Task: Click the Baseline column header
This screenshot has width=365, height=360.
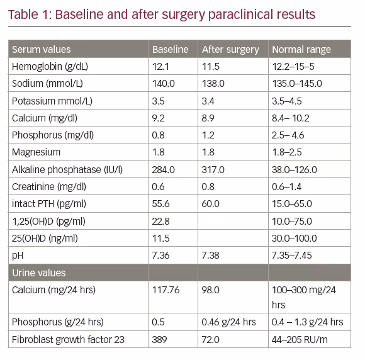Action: (170, 49)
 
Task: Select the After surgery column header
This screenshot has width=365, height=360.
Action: (230, 50)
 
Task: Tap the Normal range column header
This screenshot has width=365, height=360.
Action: (301, 50)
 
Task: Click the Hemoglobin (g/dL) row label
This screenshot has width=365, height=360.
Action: (50, 67)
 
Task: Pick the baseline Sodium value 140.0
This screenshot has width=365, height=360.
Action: (164, 84)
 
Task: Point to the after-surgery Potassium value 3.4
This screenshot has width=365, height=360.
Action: (208, 101)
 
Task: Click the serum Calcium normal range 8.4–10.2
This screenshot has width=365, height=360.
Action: (291, 118)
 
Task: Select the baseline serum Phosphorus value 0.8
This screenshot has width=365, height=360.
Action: (158, 135)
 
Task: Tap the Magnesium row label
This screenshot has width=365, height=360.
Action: (36, 152)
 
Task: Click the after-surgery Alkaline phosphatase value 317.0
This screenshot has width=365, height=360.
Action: (213, 170)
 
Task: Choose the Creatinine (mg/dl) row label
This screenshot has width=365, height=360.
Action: (49, 187)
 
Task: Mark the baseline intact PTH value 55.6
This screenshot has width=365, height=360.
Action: (160, 204)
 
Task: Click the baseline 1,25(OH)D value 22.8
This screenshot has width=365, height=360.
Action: (160, 222)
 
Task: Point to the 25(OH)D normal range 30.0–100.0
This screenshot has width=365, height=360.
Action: (295, 239)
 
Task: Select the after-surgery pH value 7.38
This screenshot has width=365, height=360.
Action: (210, 256)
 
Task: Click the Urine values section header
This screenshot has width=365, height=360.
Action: (39, 273)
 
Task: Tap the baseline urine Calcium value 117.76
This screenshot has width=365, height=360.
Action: (166, 290)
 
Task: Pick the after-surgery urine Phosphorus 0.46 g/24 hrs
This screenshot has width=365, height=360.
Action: (228, 322)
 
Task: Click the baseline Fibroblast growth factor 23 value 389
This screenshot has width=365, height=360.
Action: (159, 340)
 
